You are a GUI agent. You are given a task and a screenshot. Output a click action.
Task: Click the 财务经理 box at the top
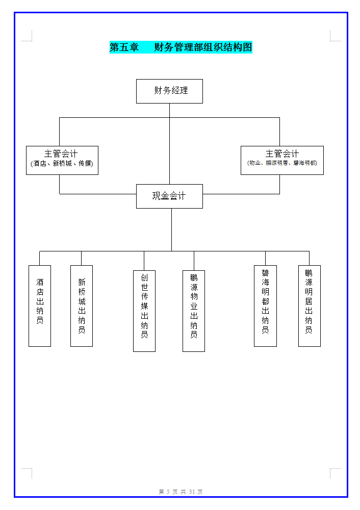coord(169,91)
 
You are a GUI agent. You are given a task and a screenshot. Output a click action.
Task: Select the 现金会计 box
coord(169,196)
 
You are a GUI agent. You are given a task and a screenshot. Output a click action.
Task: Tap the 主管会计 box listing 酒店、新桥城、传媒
coord(62,160)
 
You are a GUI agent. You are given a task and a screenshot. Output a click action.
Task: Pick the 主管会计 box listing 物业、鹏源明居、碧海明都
coord(282,160)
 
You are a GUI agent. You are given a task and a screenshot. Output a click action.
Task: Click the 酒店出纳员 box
coord(40,305)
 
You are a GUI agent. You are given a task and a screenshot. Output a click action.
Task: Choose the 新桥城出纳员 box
coord(82,305)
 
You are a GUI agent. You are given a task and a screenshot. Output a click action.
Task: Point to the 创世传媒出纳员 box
coord(144,311)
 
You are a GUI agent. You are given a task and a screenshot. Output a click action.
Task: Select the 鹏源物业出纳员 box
coord(194,311)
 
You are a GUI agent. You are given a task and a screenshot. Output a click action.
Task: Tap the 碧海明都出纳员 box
coord(265,305)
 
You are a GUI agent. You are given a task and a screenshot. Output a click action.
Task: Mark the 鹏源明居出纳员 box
coord(309,305)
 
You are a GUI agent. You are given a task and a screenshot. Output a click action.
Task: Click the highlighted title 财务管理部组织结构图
coord(203,47)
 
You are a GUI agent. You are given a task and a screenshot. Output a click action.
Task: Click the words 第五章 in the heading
coord(124,47)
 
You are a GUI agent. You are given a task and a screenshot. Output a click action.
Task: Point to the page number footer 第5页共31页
coord(181,492)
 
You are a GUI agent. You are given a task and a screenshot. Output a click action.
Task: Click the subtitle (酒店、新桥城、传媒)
coord(62,164)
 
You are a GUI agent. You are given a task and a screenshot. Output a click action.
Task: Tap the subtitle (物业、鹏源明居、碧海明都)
coord(282,163)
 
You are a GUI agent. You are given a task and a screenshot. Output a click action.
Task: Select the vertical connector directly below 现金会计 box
coord(171,229)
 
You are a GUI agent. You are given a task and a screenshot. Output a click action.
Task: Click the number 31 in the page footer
coord(192,492)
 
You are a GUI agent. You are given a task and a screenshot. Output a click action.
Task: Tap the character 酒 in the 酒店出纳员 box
coord(40,282)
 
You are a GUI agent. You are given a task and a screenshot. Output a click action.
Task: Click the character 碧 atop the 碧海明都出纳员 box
coord(265,273)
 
